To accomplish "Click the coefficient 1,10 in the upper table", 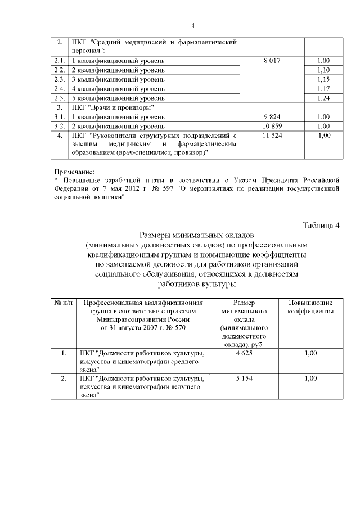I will (323, 70).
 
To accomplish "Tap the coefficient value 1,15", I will (323, 79).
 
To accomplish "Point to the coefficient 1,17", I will (323, 89).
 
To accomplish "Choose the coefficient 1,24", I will (323, 98).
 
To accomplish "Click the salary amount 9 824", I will (272, 117).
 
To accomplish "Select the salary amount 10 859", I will (272, 127).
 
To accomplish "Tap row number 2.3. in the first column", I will (60, 79).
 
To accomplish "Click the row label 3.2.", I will (60, 127).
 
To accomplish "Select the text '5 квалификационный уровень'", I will (118, 98).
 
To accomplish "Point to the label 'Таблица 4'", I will (321, 226).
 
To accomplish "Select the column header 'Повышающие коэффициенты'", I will (310, 307).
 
